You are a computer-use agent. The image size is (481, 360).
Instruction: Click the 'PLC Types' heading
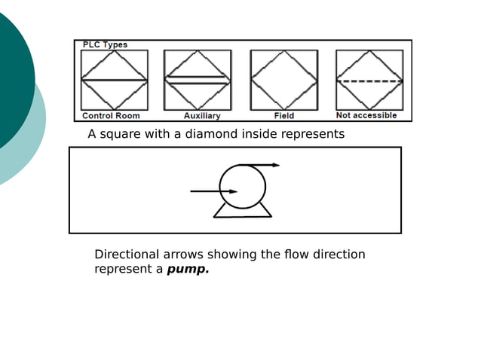(x=106, y=44)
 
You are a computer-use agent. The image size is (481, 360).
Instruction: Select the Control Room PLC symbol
(x=115, y=80)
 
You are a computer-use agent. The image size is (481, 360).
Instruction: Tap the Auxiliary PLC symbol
(x=198, y=80)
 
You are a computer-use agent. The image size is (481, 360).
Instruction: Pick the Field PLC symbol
(x=284, y=80)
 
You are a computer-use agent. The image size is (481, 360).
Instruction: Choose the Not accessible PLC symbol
(x=369, y=80)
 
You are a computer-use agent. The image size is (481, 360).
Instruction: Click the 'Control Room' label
(x=111, y=116)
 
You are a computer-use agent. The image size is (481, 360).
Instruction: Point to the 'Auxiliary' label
(x=202, y=116)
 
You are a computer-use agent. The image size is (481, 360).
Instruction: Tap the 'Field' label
(x=284, y=116)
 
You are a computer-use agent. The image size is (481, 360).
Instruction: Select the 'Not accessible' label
(x=366, y=116)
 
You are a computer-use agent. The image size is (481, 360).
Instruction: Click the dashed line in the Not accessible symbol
(x=369, y=81)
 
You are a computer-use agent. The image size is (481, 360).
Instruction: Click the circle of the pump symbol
(x=243, y=186)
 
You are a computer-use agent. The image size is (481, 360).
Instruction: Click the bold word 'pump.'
(x=188, y=269)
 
